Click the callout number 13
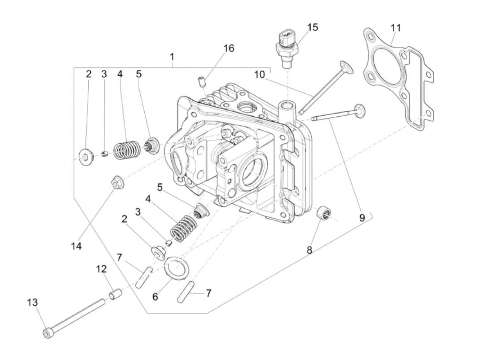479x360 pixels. coord(33,303)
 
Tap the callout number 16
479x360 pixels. coord(229,48)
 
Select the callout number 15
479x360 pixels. coord(312,27)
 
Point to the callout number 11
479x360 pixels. coord(396,28)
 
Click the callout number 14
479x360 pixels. coord(76,246)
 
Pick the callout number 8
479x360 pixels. coord(309,250)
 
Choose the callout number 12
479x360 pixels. coord(102,269)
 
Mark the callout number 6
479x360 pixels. coord(155,297)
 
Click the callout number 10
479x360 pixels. coord(259,75)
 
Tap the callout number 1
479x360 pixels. coord(172,57)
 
